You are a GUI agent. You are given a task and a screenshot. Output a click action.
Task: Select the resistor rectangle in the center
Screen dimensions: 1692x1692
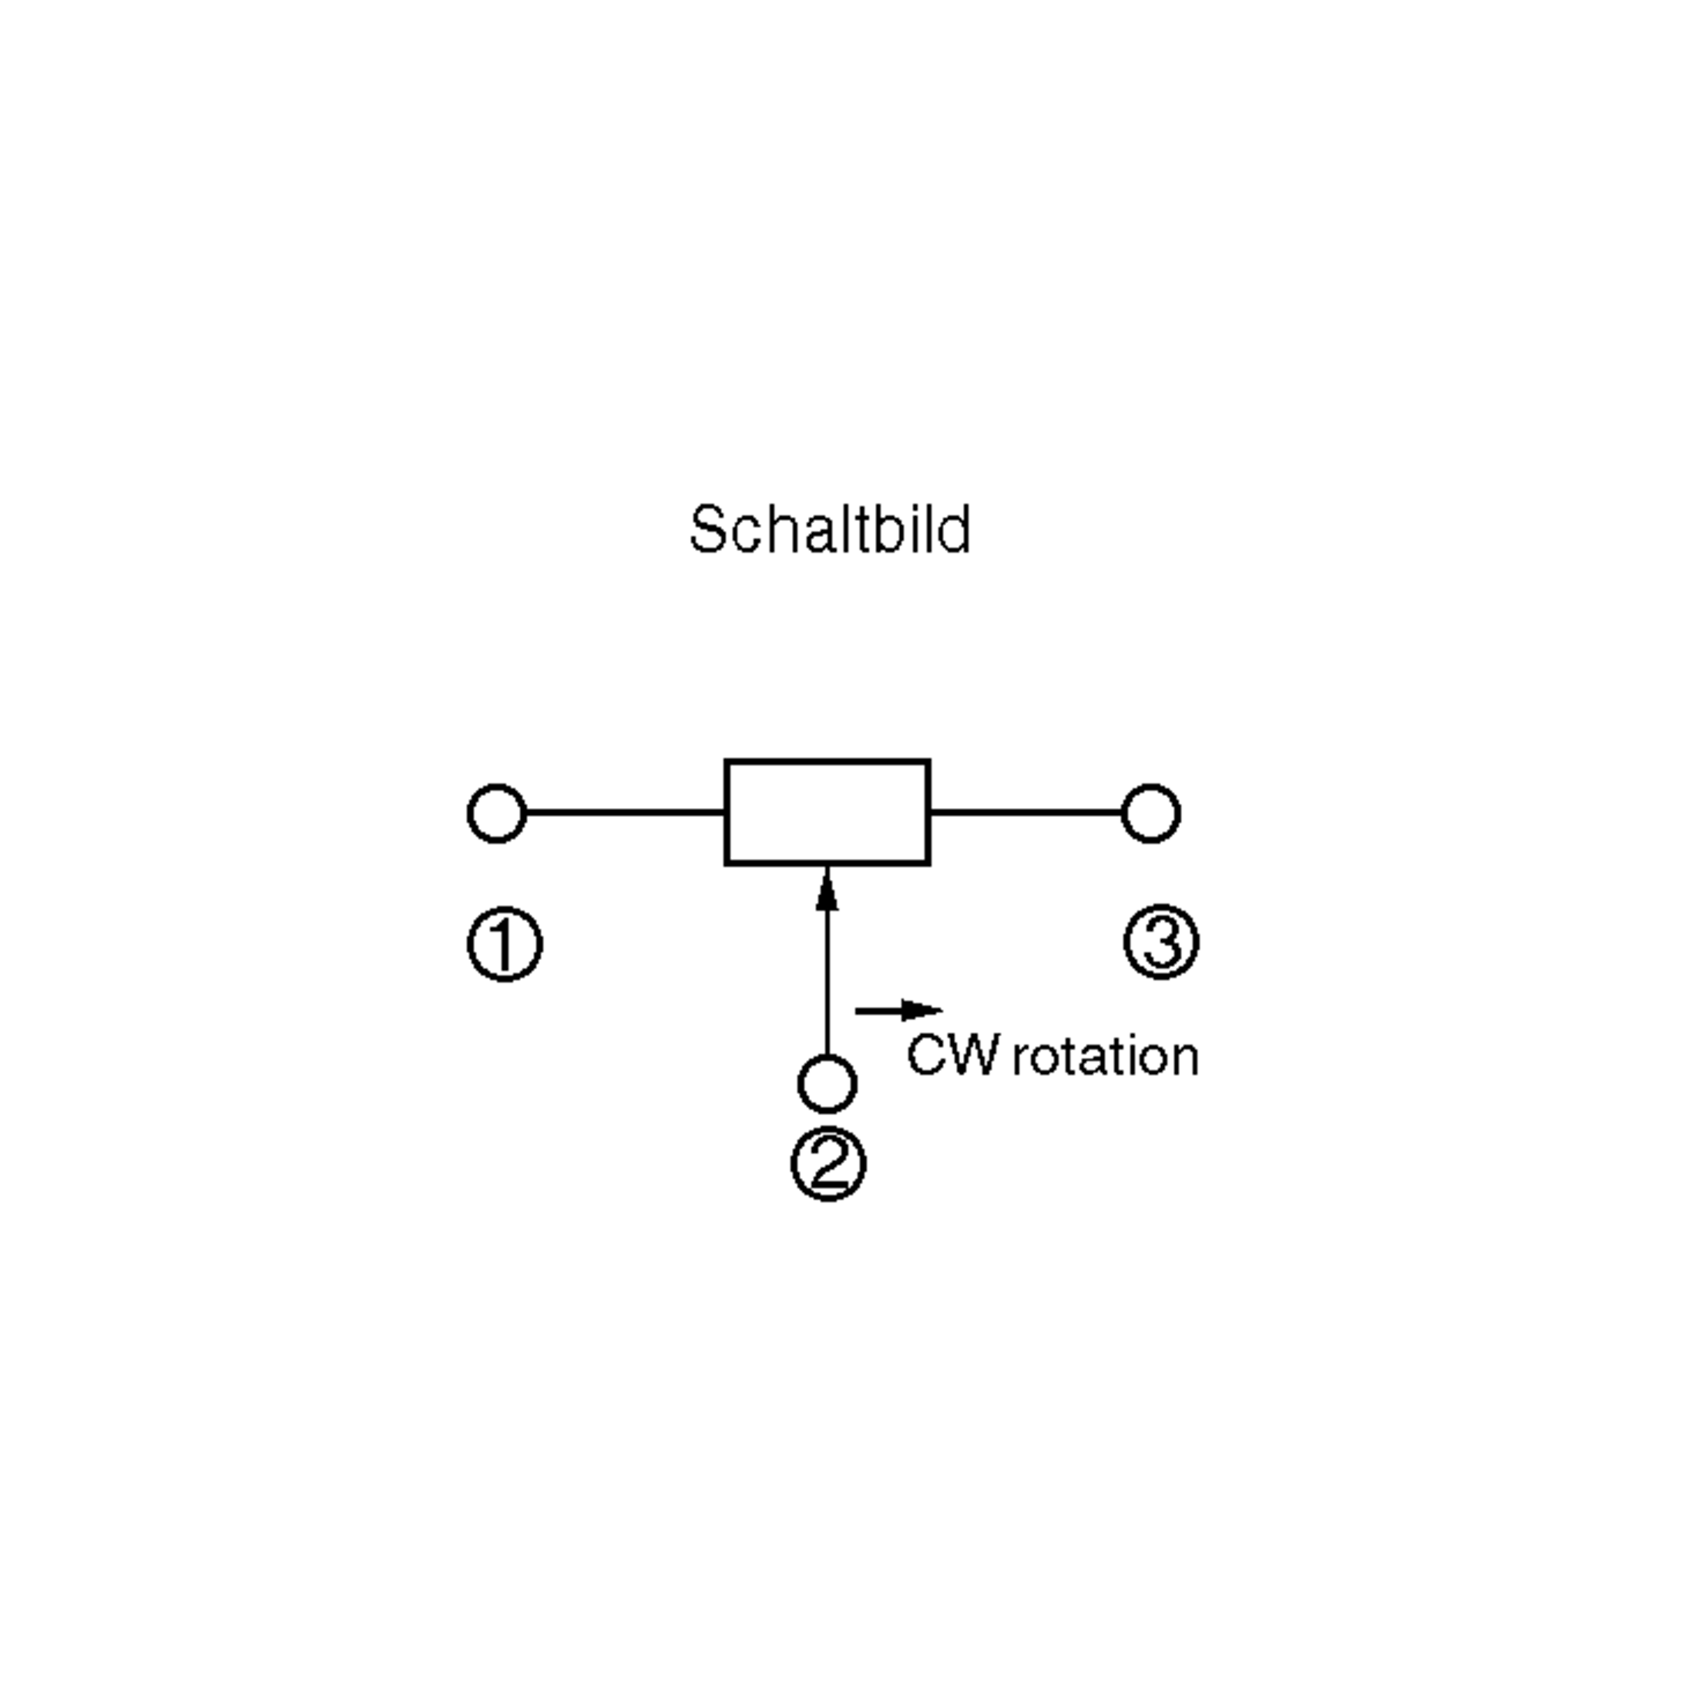click(x=827, y=812)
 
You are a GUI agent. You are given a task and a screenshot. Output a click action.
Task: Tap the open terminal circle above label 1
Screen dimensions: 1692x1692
click(x=496, y=814)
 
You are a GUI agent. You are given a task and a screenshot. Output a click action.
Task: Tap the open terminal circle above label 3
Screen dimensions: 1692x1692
click(x=1151, y=814)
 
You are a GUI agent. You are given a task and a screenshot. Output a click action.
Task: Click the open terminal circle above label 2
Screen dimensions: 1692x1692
click(x=827, y=1084)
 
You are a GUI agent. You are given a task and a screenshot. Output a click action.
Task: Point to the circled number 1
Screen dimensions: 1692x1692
click(x=505, y=945)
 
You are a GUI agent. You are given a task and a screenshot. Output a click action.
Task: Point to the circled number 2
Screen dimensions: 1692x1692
click(x=828, y=1164)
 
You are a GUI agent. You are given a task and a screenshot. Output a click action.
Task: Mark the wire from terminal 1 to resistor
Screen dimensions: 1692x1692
click(x=625, y=813)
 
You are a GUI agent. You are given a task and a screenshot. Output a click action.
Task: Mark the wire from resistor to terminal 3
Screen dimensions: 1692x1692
click(x=1026, y=813)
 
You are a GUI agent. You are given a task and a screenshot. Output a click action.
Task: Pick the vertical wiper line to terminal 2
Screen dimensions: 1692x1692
click(x=827, y=981)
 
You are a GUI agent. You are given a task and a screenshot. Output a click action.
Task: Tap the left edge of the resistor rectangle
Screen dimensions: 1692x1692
click(x=727, y=812)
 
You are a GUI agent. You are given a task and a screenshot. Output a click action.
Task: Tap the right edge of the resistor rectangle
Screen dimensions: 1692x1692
click(x=928, y=812)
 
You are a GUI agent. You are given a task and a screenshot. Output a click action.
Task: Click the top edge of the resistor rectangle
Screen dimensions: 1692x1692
click(x=827, y=762)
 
